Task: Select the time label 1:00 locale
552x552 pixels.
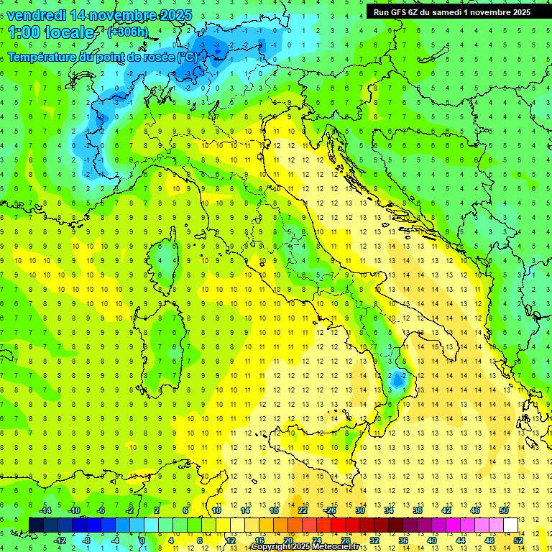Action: click(51, 32)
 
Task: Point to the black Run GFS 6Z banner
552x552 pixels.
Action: click(451, 12)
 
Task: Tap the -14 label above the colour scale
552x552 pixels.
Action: click(45, 510)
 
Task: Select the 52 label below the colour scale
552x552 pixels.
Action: click(518, 540)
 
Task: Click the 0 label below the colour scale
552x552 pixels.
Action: click(142, 540)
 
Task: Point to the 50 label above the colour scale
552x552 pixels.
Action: click(504, 510)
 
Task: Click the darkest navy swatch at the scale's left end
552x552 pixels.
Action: click(37, 525)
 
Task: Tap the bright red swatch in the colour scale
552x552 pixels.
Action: click(339, 525)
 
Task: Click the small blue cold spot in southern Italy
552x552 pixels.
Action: click(397, 379)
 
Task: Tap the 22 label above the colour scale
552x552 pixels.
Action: click(303, 510)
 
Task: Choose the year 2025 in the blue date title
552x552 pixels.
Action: click(173, 15)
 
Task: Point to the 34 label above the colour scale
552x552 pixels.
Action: click(389, 510)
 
